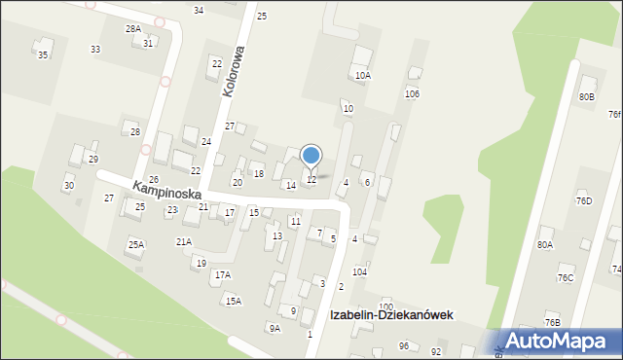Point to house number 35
[42, 55]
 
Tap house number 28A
[132, 29]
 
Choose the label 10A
[363, 75]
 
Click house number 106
[412, 93]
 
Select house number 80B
[586, 97]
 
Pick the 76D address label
[583, 201]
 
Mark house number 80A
[544, 245]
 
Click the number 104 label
[360, 271]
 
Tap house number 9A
[275, 329]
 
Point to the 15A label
[234, 302]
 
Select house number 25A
[135, 245]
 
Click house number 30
[68, 185]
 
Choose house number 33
[95, 49]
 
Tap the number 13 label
[277, 236]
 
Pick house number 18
[258, 174]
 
